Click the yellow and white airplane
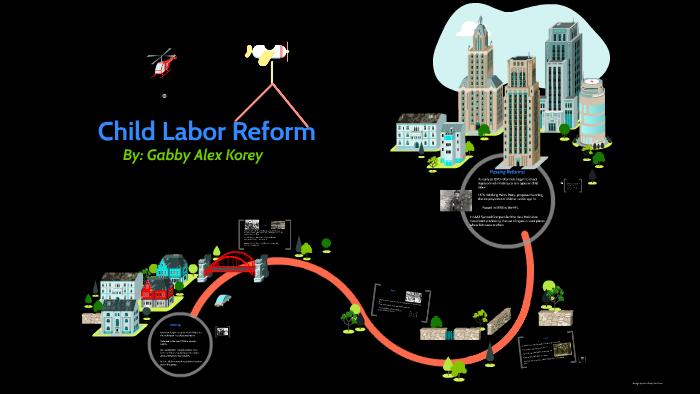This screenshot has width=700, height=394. click(266, 52)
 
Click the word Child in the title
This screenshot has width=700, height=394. click(133, 131)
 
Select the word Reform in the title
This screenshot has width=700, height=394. click(274, 131)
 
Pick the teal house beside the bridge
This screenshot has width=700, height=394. click(172, 267)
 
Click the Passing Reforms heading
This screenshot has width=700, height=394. click(494, 171)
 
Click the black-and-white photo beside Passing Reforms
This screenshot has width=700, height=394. click(455, 200)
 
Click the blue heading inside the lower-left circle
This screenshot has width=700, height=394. click(174, 325)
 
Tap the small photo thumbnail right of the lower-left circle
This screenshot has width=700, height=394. click(223, 331)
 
